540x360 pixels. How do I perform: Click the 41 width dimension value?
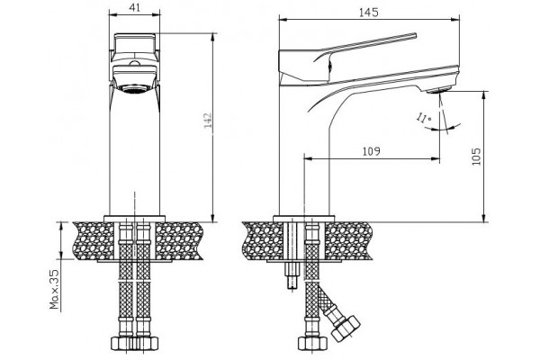point(135,7)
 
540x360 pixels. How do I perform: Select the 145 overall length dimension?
point(368,13)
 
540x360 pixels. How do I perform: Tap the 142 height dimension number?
point(209,121)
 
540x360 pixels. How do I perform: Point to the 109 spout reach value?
point(371,151)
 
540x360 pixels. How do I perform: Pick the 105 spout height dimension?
point(476,157)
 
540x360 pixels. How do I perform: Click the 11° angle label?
point(423,118)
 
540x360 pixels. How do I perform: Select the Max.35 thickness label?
point(54,290)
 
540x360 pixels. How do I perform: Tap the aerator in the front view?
point(135,88)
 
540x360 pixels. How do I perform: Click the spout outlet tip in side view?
point(438,90)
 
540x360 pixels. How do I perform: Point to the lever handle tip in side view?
point(415,35)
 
